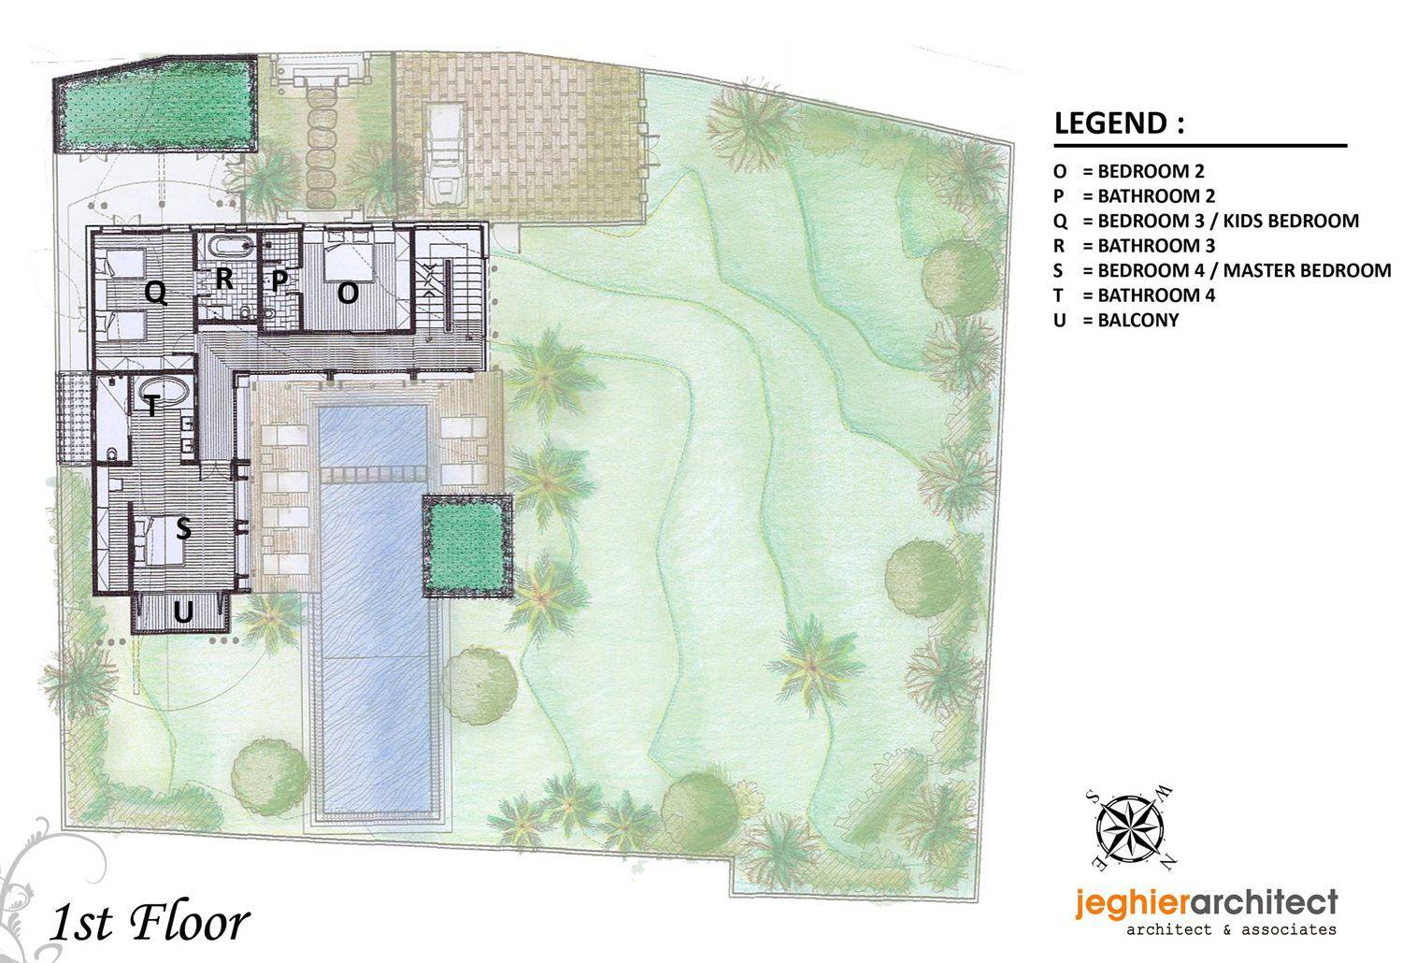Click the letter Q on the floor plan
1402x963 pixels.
(156, 293)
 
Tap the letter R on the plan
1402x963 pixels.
(224, 279)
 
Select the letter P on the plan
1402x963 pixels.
(279, 280)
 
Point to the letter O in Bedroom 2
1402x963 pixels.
(348, 292)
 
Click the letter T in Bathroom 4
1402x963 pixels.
(150, 405)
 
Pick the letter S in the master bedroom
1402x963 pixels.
(183, 528)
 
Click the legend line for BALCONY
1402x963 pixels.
(1116, 320)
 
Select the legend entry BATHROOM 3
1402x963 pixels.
(1134, 246)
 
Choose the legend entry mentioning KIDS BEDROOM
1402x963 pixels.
(1206, 221)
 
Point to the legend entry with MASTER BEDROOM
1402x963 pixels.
(1222, 270)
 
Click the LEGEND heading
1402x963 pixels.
(1119, 123)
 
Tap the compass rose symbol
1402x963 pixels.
(1130, 830)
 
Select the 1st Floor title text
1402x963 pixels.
(150, 923)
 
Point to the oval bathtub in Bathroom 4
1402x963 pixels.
(162, 395)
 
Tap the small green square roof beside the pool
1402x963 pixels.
(467, 545)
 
